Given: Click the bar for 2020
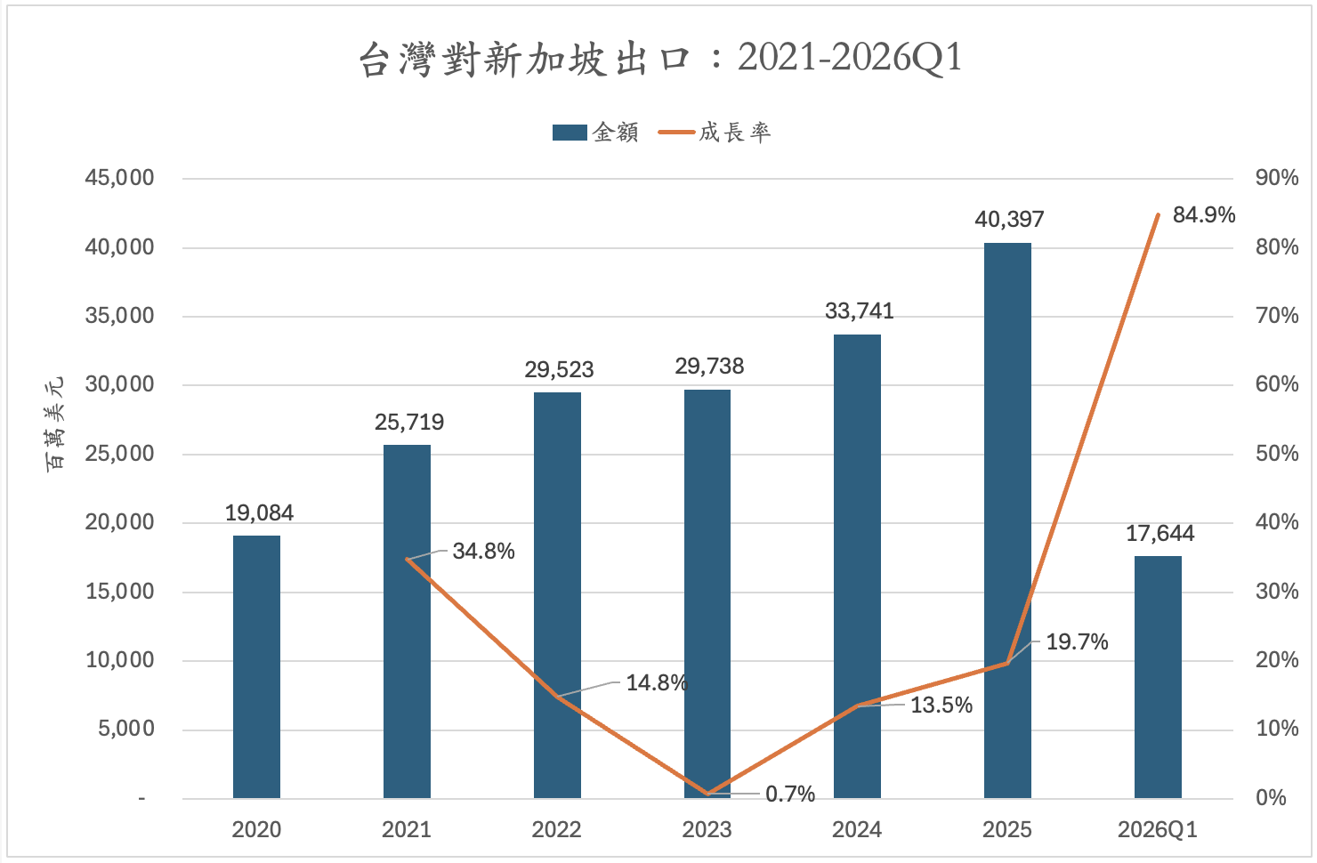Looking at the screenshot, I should pos(256,666).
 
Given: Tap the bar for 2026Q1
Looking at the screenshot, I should pos(1158,677).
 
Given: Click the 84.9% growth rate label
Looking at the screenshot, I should pos(1203,215).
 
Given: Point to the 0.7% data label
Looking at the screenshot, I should pos(790,794).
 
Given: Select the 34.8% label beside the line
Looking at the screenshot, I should pos(483,552).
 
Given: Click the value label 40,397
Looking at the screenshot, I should pos(1009,220).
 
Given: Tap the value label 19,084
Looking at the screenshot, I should pos(259,513).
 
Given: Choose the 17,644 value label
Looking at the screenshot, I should pos(1159,534).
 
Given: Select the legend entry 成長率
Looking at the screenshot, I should pos(716,133).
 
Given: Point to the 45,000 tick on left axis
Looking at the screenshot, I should pos(119,178).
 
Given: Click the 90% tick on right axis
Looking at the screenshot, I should pos(1276,178).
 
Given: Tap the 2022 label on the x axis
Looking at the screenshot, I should pos(556,830).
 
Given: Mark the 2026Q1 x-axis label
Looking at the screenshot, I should pos(1157,830).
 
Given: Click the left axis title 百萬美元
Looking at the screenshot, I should pos(55,423).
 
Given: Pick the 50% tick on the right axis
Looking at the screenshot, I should pos(1276,454).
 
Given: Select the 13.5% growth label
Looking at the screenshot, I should pos(941,706).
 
